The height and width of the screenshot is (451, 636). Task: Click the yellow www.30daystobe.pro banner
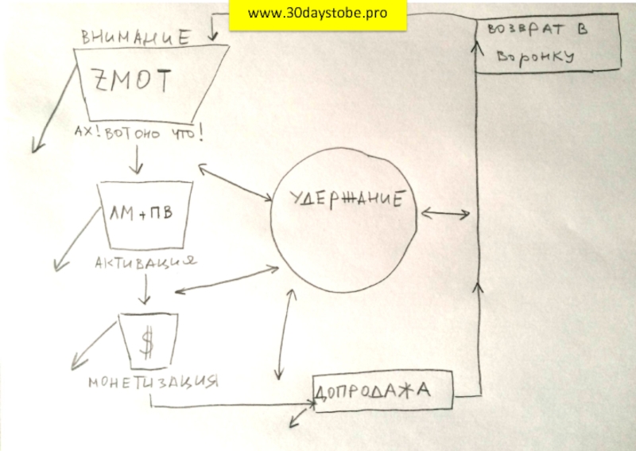[x=318, y=14]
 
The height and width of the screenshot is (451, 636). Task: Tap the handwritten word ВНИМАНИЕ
[x=136, y=37]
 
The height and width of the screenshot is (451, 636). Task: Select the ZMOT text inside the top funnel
[x=132, y=80]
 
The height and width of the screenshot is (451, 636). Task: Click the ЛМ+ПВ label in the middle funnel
[x=142, y=214]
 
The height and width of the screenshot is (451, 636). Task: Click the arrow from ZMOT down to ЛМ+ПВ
[x=136, y=161]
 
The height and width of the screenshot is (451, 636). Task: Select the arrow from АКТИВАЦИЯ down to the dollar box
[x=144, y=290]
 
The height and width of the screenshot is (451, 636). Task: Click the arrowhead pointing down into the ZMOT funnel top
[x=214, y=36]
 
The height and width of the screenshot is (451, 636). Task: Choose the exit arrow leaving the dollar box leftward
[x=91, y=345]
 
